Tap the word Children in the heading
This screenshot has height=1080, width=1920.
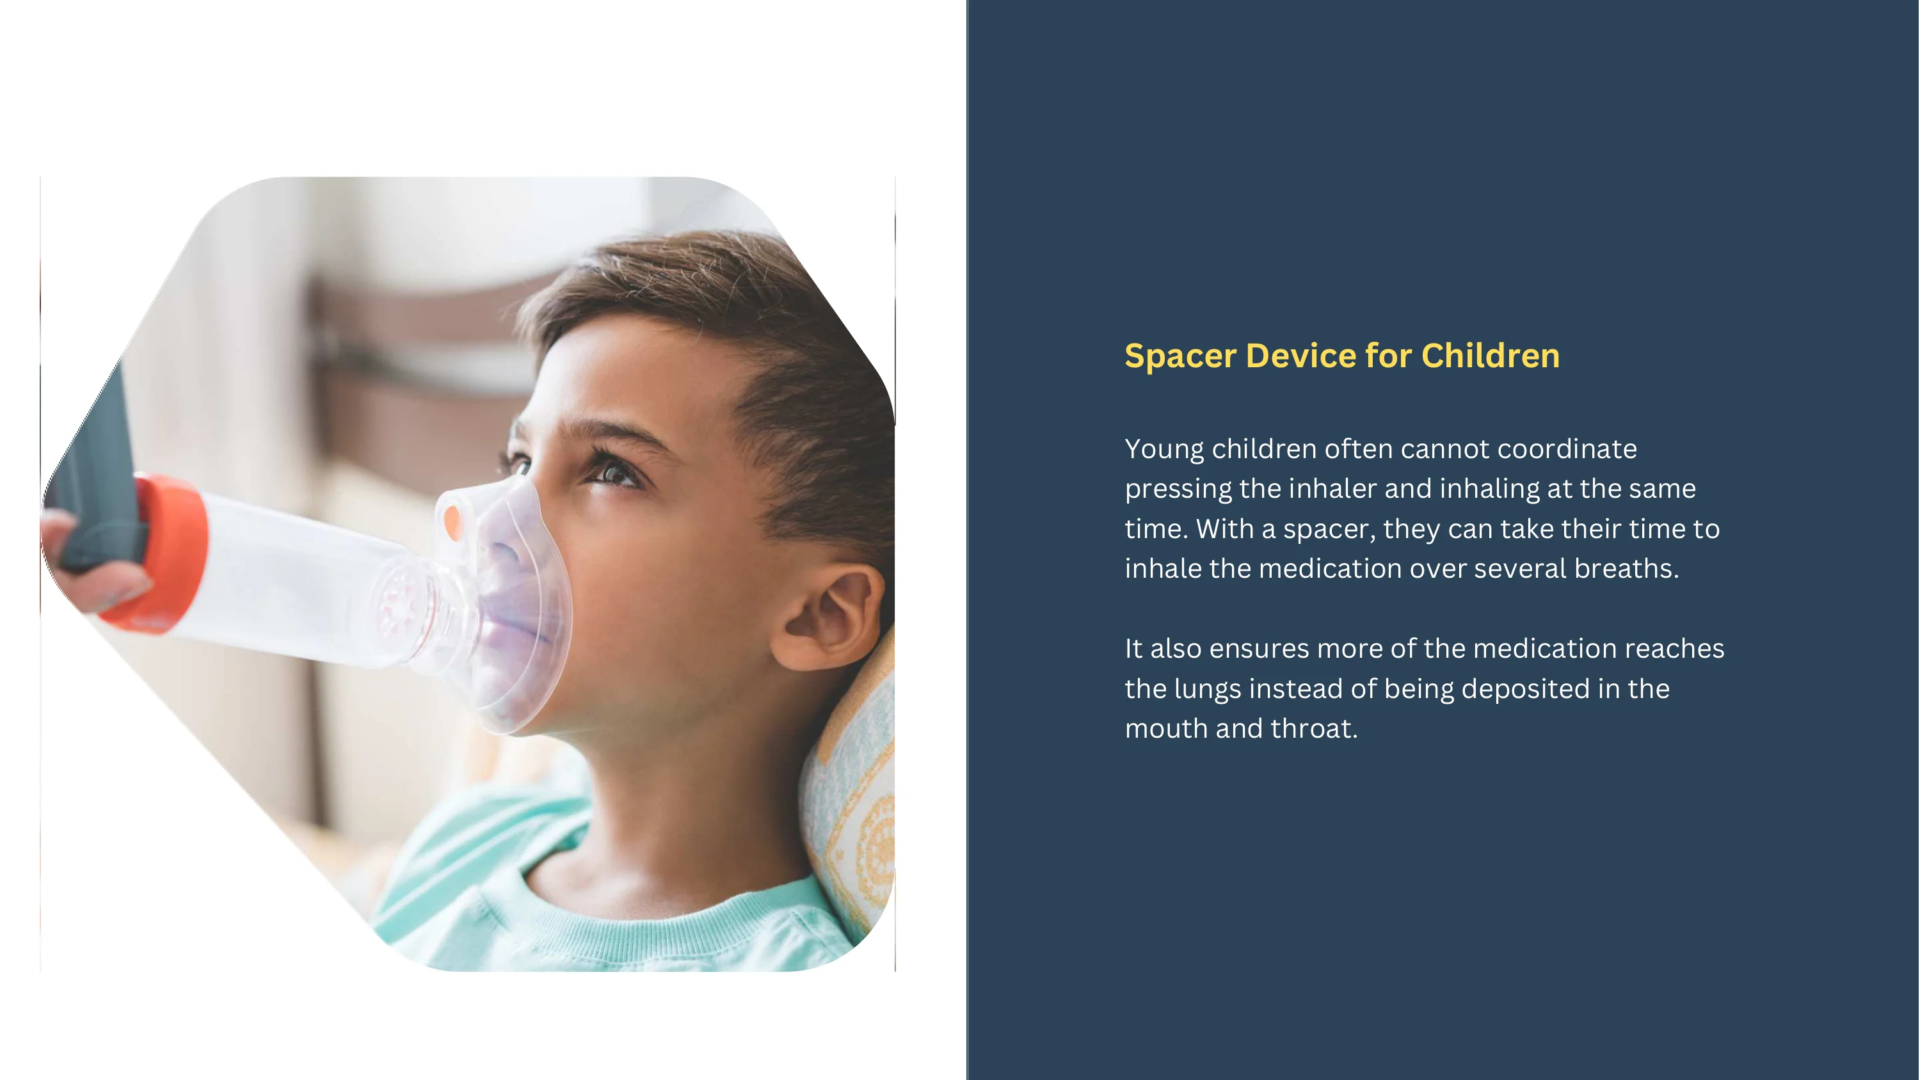pyautogui.click(x=1490, y=356)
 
